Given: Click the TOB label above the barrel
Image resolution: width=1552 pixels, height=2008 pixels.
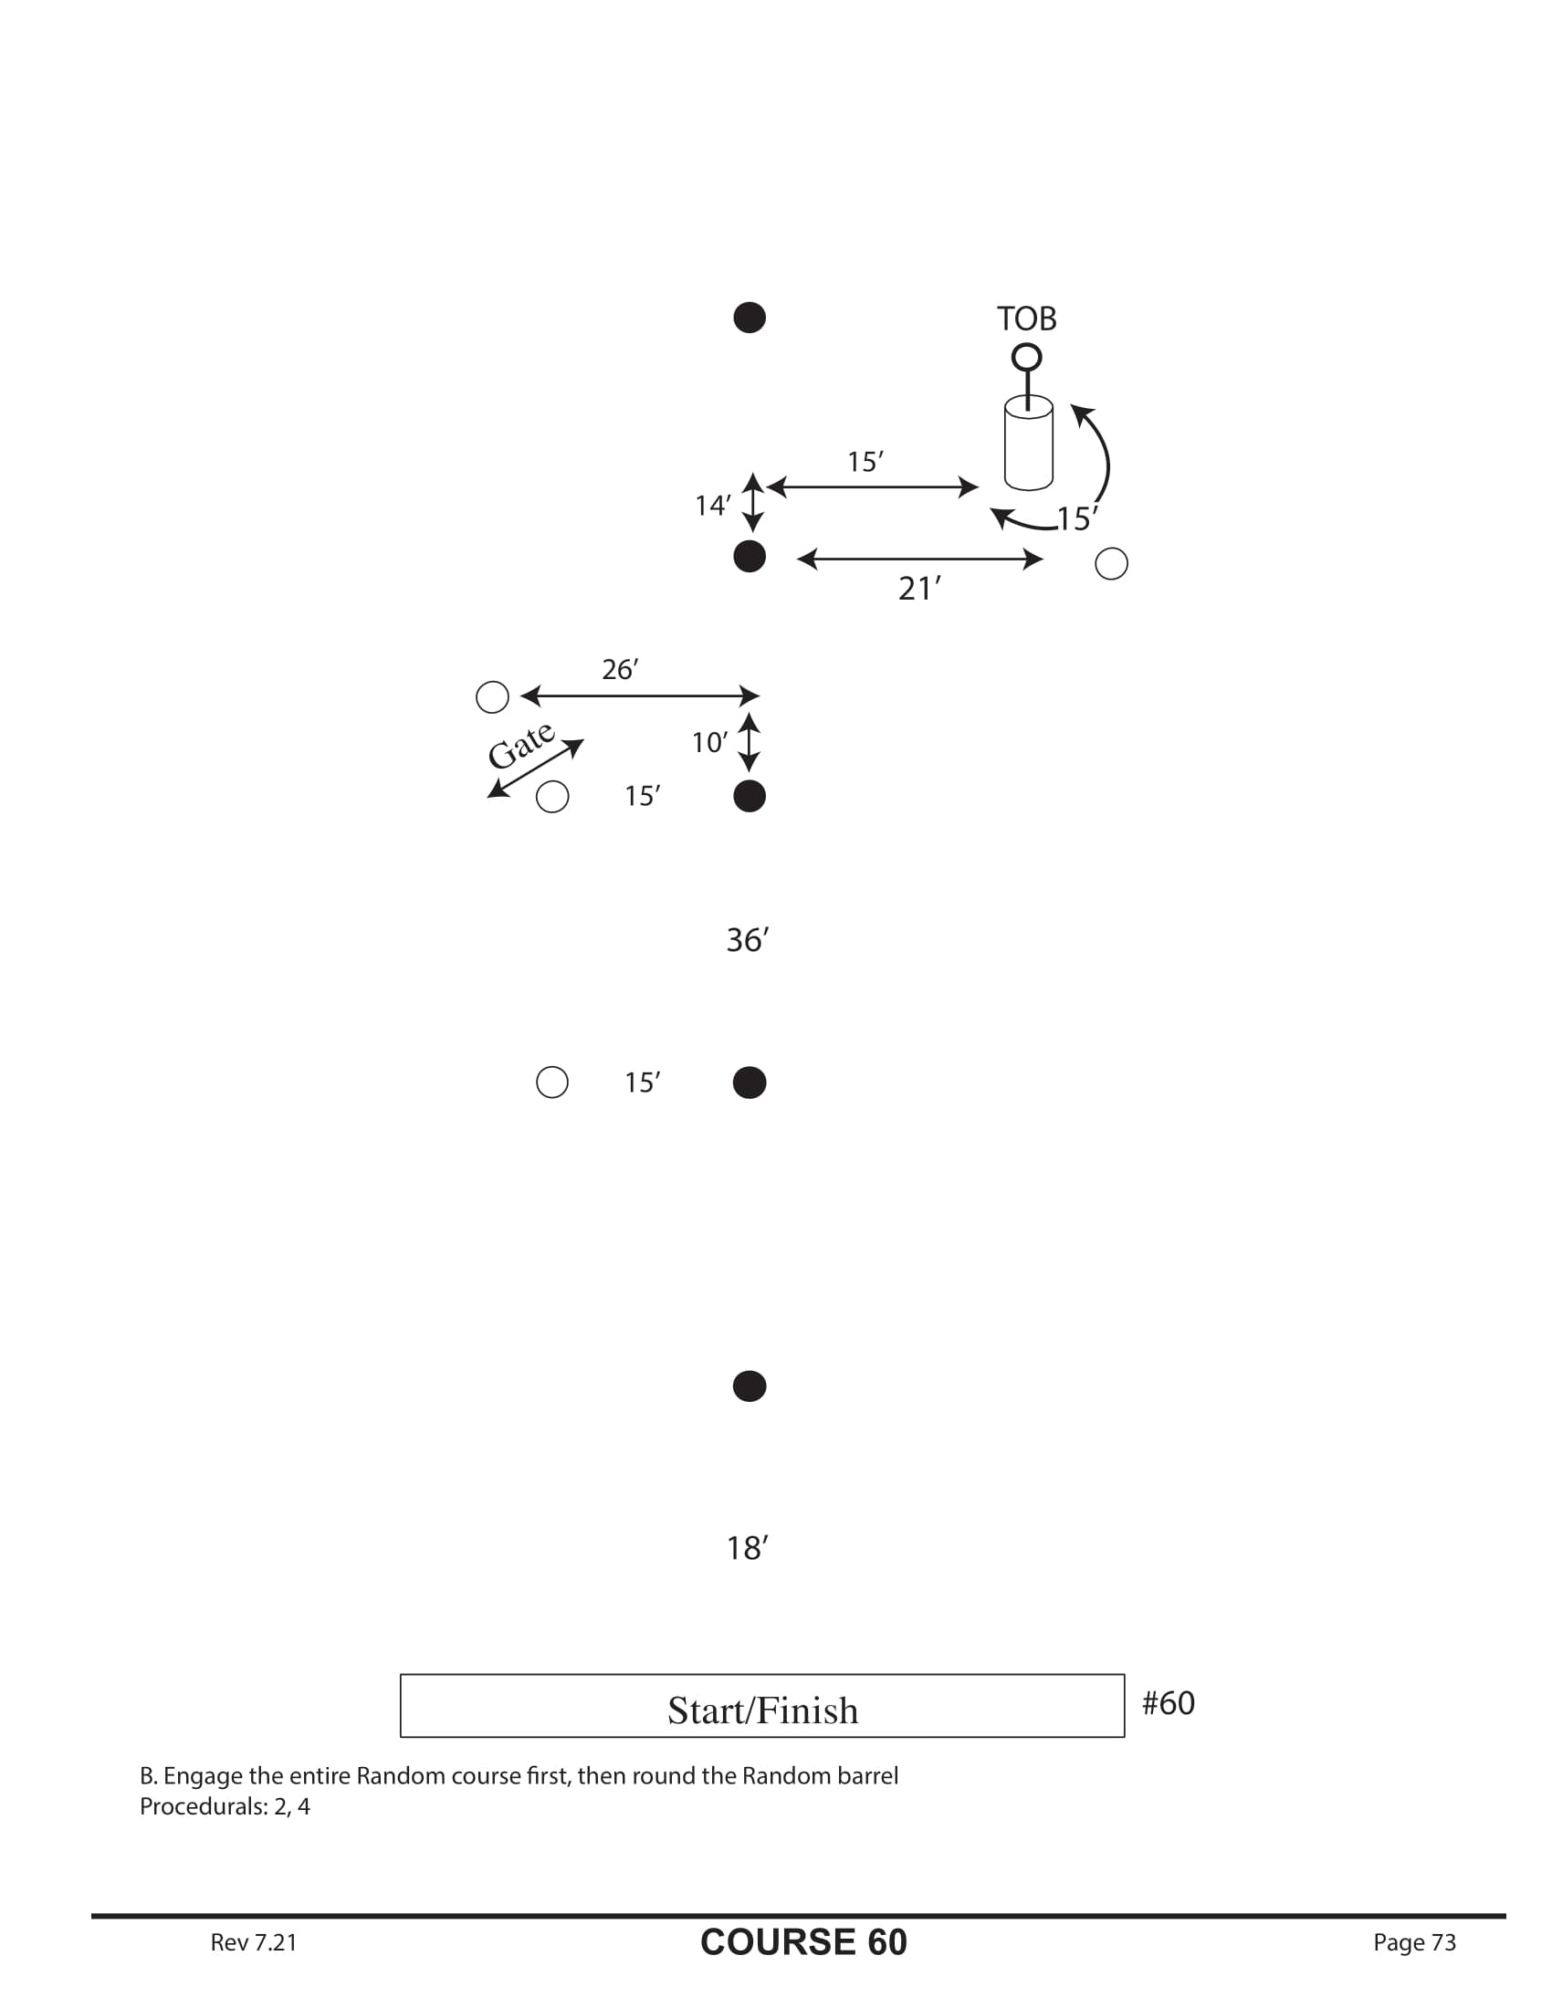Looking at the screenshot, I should click(x=1026, y=319).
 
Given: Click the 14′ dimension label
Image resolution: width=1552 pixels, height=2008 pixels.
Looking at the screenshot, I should click(x=713, y=506).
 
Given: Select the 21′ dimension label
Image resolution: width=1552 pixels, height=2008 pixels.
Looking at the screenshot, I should click(x=918, y=589).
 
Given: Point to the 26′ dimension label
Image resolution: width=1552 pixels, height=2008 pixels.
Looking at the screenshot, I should click(x=620, y=669).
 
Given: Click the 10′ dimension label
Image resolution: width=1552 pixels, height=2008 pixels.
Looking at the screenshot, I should click(x=709, y=742).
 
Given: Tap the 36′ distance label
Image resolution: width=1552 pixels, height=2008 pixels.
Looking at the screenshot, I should click(x=747, y=939).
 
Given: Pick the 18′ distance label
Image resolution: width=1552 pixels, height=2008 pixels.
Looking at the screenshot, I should click(x=747, y=1548).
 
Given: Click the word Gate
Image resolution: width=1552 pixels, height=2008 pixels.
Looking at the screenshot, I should click(x=520, y=746).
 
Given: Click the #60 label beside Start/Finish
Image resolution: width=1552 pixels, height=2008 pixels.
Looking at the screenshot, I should click(x=1168, y=1703).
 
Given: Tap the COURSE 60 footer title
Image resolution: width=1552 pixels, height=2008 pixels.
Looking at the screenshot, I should click(x=802, y=1941).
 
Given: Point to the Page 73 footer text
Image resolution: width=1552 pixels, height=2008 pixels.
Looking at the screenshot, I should click(x=1414, y=1941).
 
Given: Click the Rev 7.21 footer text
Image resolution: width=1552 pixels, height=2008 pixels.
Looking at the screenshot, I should click(x=254, y=1941).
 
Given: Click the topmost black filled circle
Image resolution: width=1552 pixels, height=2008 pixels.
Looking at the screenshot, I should click(x=750, y=318).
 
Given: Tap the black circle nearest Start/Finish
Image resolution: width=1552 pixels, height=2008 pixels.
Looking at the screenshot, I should click(x=750, y=1386).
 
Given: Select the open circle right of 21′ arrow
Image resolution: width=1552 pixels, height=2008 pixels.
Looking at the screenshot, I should click(x=1111, y=563).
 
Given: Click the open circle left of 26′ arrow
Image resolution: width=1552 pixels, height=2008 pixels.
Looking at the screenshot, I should click(x=492, y=697).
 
